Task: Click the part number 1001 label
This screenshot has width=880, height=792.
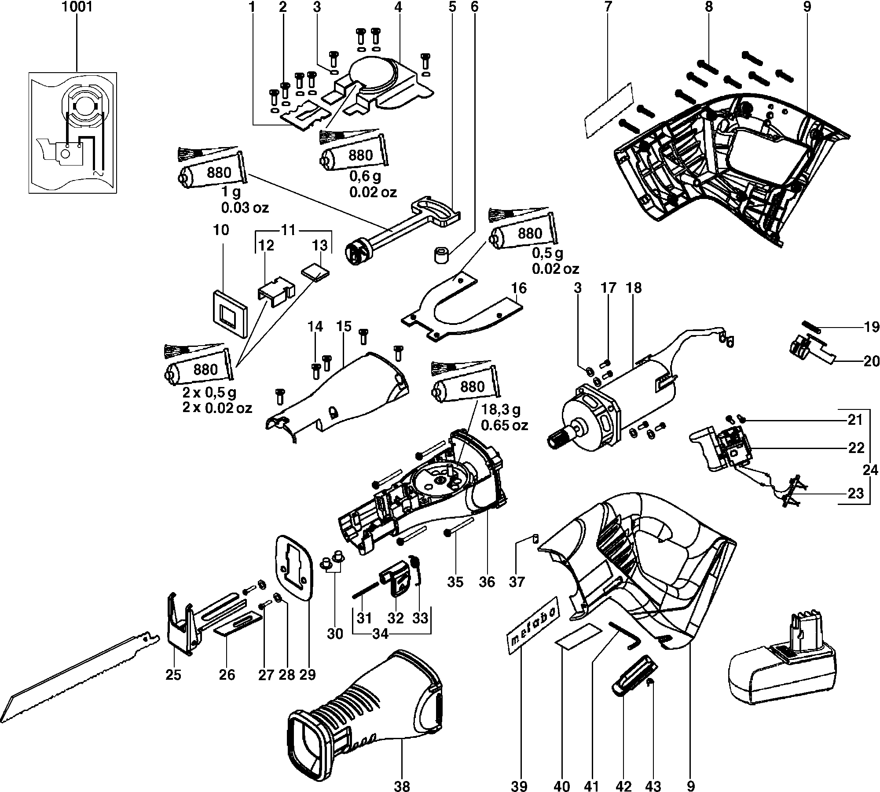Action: pyautogui.click(x=77, y=7)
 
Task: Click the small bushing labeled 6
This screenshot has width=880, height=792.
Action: pyautogui.click(x=442, y=255)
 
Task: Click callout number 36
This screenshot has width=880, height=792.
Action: pyautogui.click(x=488, y=582)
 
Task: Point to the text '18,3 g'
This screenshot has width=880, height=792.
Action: pyautogui.click(x=501, y=410)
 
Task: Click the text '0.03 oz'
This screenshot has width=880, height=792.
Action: pyautogui.click(x=245, y=207)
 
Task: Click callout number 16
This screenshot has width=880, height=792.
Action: pyautogui.click(x=519, y=288)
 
